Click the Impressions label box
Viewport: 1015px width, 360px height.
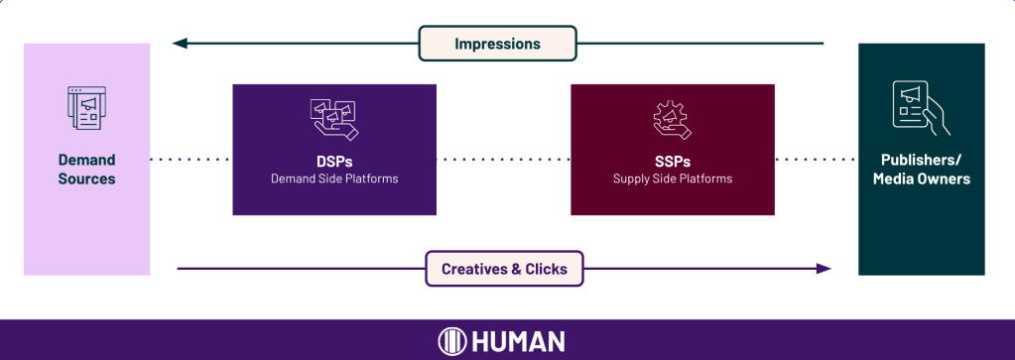497,44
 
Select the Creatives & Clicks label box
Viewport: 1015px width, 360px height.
504,269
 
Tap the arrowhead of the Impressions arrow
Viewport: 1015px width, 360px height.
180,44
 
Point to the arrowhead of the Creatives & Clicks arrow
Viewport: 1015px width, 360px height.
824,269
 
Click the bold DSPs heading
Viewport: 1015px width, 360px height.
334,161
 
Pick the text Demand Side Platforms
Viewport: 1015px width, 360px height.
334,179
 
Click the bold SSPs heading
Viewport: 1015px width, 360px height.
673,161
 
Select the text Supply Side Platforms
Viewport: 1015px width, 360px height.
673,179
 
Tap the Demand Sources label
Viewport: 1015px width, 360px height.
86,169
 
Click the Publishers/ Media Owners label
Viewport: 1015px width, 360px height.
921,169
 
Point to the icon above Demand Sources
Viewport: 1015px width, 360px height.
86,108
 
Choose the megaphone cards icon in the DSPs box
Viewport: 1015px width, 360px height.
334,120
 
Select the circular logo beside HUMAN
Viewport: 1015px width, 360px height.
451,341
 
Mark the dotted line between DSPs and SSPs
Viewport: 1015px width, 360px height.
503,160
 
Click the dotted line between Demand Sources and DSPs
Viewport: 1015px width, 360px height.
190,160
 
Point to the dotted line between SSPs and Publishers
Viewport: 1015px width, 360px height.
817,160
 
